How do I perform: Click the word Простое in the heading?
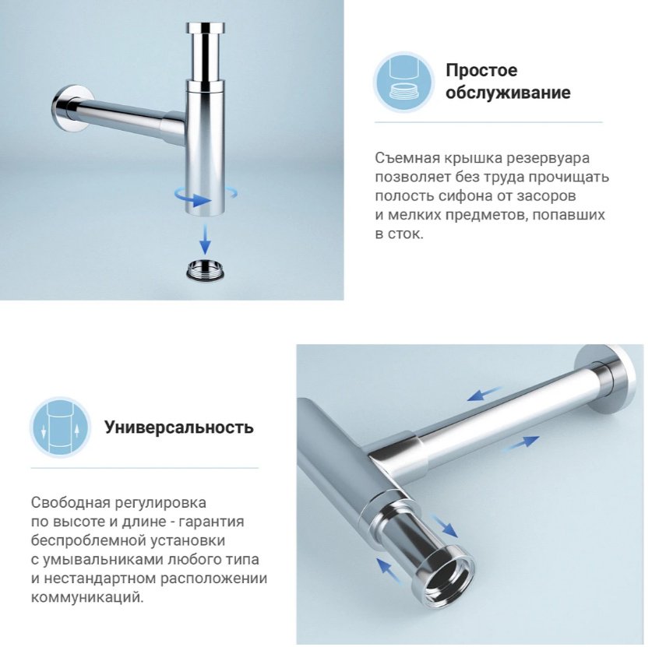481,70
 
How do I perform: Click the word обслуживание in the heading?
508,93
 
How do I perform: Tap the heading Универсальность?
179,427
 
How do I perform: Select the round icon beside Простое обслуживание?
404,82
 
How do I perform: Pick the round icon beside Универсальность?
60,427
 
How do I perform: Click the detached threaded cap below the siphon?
205,269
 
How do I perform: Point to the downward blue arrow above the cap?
205,239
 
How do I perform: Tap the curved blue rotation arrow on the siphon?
206,195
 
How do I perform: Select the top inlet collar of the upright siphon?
205,29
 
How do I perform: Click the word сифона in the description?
465,196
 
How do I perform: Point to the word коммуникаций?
87,597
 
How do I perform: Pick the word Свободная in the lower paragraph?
70,502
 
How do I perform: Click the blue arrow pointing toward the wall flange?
520,443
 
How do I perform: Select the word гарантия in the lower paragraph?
211,522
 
